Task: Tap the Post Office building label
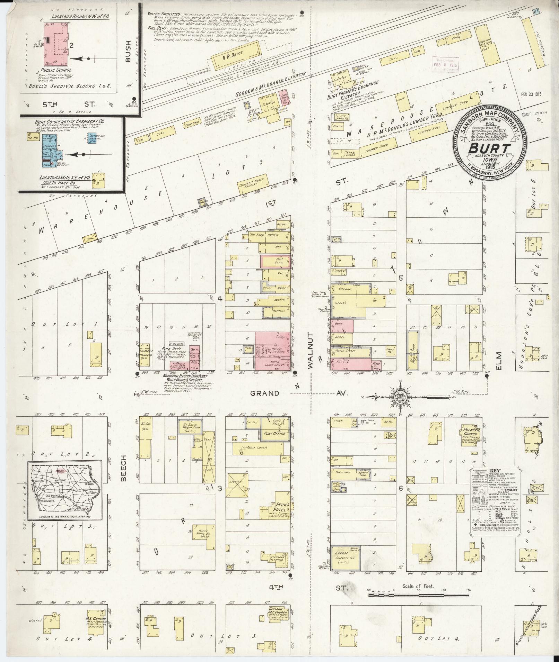274,433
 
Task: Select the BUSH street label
128,52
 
